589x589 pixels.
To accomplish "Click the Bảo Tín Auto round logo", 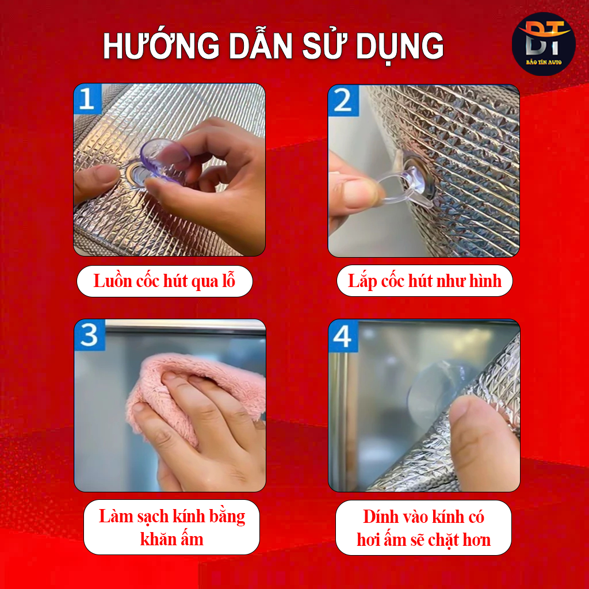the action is click(544, 44).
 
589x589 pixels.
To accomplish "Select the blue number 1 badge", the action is click(87, 98).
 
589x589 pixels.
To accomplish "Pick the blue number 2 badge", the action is click(343, 100).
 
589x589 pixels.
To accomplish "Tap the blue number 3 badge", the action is click(89, 335).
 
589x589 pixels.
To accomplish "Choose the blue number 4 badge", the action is click(343, 336).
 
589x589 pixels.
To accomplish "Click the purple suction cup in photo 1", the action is click(162, 160).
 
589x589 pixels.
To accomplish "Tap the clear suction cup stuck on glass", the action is click(436, 391).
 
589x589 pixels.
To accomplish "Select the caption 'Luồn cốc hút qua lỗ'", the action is click(165, 281).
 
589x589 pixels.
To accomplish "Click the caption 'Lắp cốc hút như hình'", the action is click(424, 281).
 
